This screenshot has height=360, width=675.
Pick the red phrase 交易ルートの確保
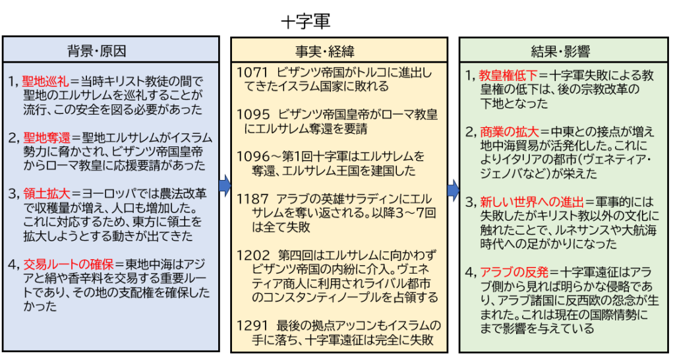[x=69, y=264]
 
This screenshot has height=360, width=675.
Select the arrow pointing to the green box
[x=452, y=191]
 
